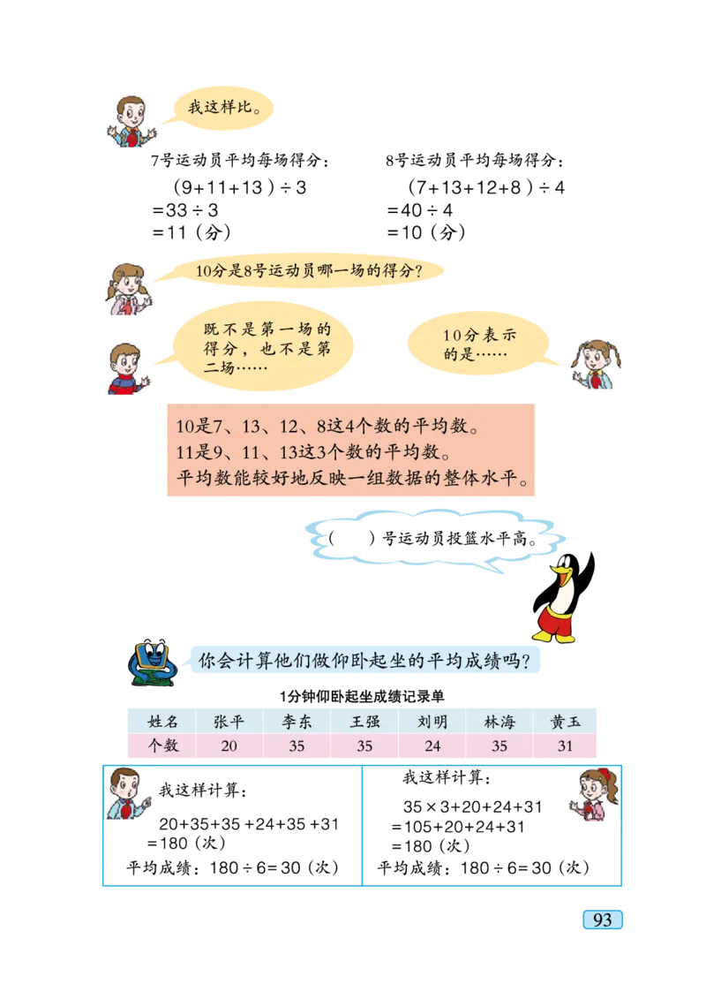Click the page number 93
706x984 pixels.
[x=602, y=920]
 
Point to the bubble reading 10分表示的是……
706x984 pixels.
[x=484, y=345]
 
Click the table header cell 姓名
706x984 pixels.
[x=161, y=721]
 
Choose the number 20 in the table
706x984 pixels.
[x=229, y=746]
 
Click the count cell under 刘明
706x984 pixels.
[x=432, y=746]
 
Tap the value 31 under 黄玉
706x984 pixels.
[x=566, y=746]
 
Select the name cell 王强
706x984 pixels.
[x=364, y=721]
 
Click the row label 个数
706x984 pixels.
[x=161, y=746]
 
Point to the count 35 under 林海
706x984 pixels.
[x=499, y=746]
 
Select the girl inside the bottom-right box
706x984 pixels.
[x=592, y=795]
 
